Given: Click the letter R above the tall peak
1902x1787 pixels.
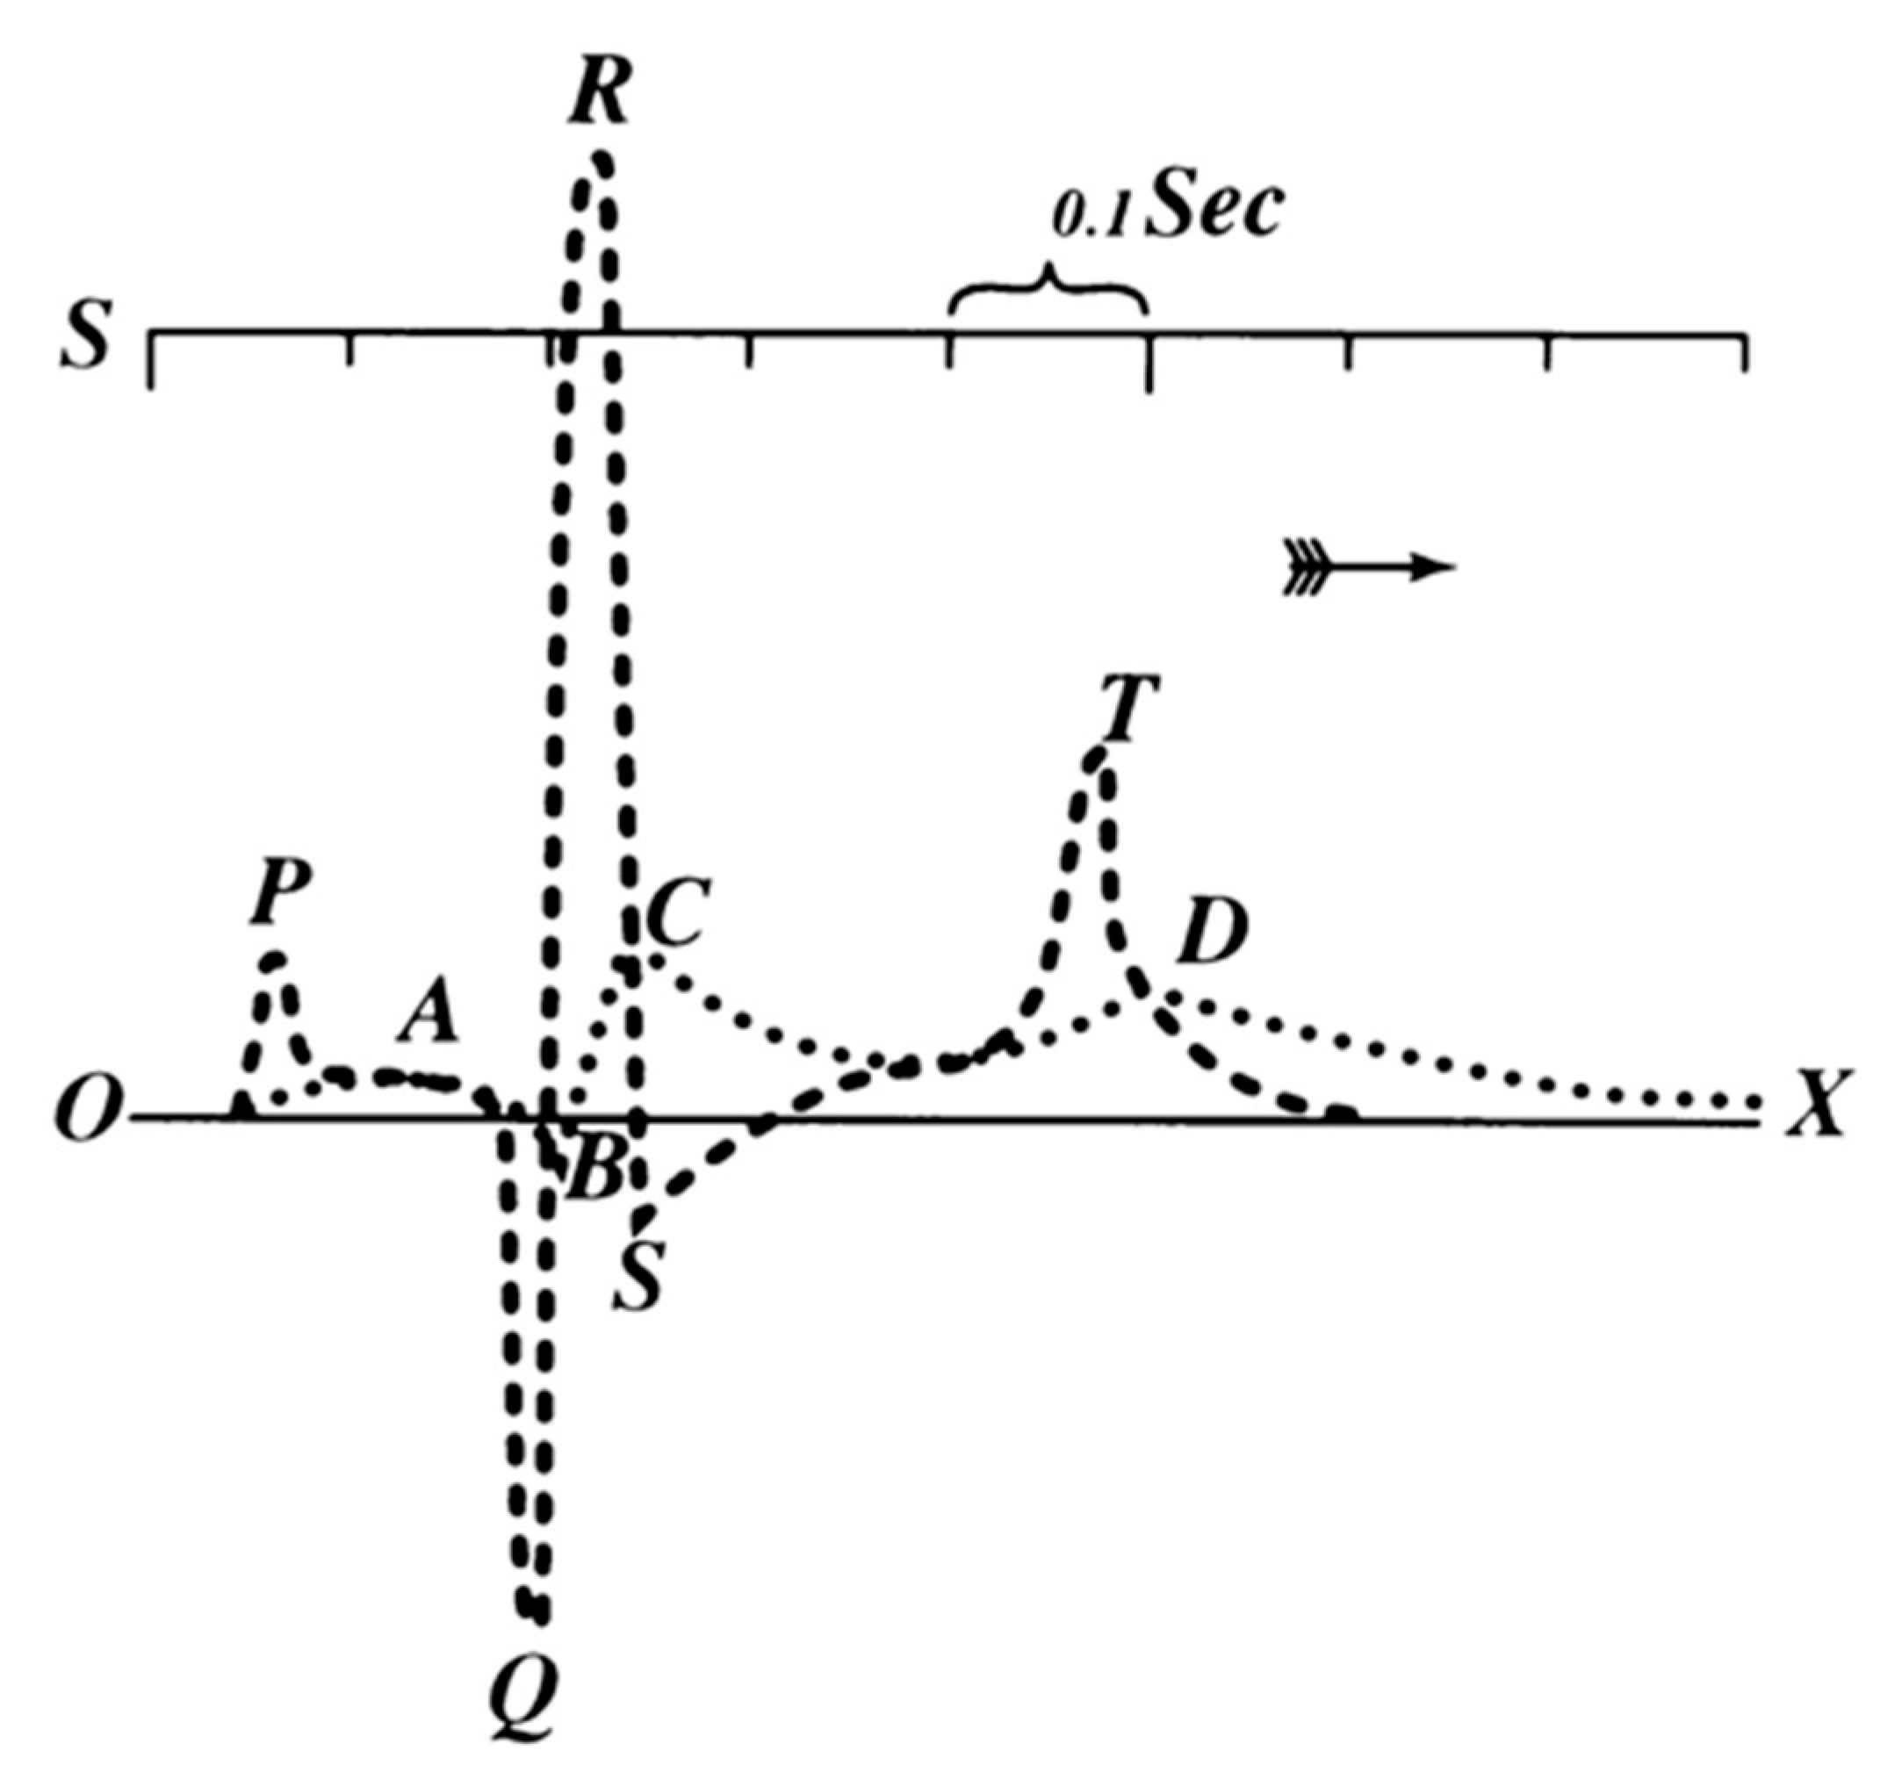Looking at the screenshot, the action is (x=600, y=96).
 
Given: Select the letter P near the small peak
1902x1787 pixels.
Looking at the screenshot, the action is (x=280, y=897).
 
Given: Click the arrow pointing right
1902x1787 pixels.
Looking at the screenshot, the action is (x=1368, y=568).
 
